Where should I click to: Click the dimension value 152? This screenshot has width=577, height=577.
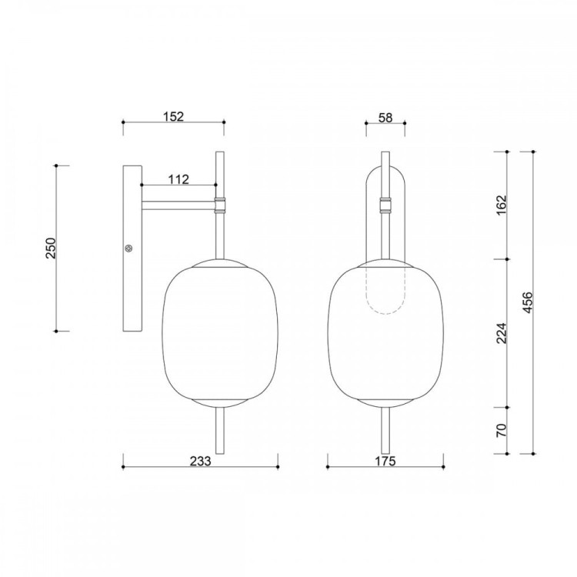click(173, 116)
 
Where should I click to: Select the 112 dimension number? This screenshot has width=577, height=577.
click(178, 179)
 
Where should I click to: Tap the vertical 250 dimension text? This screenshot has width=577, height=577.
click(51, 248)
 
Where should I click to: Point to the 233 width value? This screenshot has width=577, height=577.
click(201, 461)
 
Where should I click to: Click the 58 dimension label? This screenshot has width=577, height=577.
click(385, 118)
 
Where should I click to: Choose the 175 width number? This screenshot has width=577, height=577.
click(385, 461)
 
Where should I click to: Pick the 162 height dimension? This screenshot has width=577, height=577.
click(502, 205)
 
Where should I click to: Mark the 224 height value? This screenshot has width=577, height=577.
click(502, 333)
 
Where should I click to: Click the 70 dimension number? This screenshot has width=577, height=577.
click(502, 430)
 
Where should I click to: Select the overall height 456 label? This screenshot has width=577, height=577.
click(527, 302)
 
